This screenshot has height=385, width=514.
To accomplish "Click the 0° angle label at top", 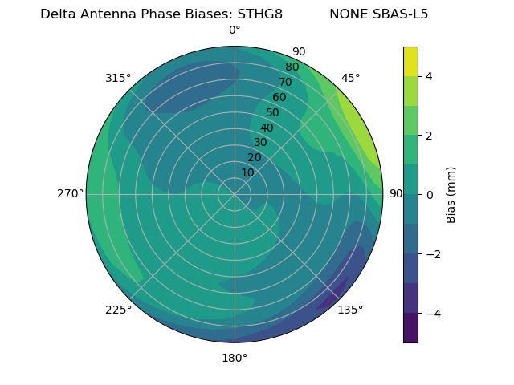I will point(235,30).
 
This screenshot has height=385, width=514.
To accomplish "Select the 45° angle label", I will point(350,78).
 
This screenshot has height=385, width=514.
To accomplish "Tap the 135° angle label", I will point(350,310).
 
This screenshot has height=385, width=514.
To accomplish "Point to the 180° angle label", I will point(235,358).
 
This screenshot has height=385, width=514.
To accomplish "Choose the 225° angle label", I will point(118,310).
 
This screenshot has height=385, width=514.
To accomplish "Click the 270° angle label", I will point(70,193).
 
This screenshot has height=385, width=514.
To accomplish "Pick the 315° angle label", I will point(118,78).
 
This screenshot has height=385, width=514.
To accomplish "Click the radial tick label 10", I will point(247,172).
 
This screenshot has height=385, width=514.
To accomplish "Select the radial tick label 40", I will point(267,128).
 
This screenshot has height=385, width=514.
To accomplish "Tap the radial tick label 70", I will point(285,83).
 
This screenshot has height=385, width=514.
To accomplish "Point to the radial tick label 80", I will point(292,67).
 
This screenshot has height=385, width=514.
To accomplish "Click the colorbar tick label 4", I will point(430,76).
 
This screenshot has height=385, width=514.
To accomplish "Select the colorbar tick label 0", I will point(430,194).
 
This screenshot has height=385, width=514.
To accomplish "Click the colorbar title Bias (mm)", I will point(451,194).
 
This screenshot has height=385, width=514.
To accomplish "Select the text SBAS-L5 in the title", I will point(401,14).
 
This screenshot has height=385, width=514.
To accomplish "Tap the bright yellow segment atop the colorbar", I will point(410,61).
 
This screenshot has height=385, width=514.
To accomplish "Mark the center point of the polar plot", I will point(235,194).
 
